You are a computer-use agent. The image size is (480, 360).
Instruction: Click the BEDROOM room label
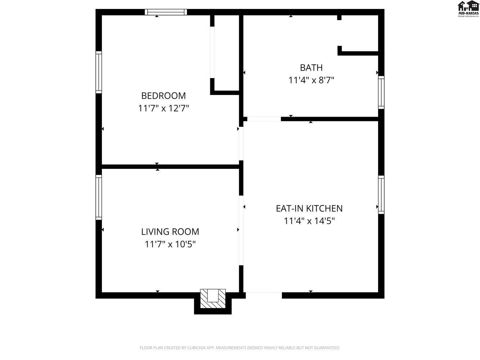pos(163,96)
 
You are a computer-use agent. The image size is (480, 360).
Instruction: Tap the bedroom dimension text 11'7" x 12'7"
pos(163,108)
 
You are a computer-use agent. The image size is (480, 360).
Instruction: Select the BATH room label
pos(311,68)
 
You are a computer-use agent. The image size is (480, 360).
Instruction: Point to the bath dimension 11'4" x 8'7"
pos(311,80)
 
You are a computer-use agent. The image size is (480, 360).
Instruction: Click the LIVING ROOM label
pos(170,232)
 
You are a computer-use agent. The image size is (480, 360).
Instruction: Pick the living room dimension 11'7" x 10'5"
pos(170,244)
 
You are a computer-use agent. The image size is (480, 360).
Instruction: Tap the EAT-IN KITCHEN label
pos(309,208)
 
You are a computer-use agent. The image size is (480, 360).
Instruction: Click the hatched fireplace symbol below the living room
pos(213,298)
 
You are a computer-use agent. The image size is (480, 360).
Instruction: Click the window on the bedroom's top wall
pos(166,12)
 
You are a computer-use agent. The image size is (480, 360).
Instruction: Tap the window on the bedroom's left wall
pos(98,72)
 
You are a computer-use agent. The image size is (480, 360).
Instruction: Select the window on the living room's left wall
pos(98,197)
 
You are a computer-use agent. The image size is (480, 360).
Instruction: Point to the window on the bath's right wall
pos(381,92)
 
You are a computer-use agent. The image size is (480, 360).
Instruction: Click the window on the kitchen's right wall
pos(381,194)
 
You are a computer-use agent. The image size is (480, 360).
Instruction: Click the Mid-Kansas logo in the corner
pos(468,9)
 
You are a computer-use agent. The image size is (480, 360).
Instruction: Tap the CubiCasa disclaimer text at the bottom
pos(239,348)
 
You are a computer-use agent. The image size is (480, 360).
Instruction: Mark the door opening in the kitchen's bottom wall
pos(264,295)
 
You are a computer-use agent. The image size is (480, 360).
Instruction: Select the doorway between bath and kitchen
pos(264,119)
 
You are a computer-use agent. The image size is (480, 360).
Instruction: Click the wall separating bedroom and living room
pos(171,166)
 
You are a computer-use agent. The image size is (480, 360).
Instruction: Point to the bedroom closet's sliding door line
pos(212,52)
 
